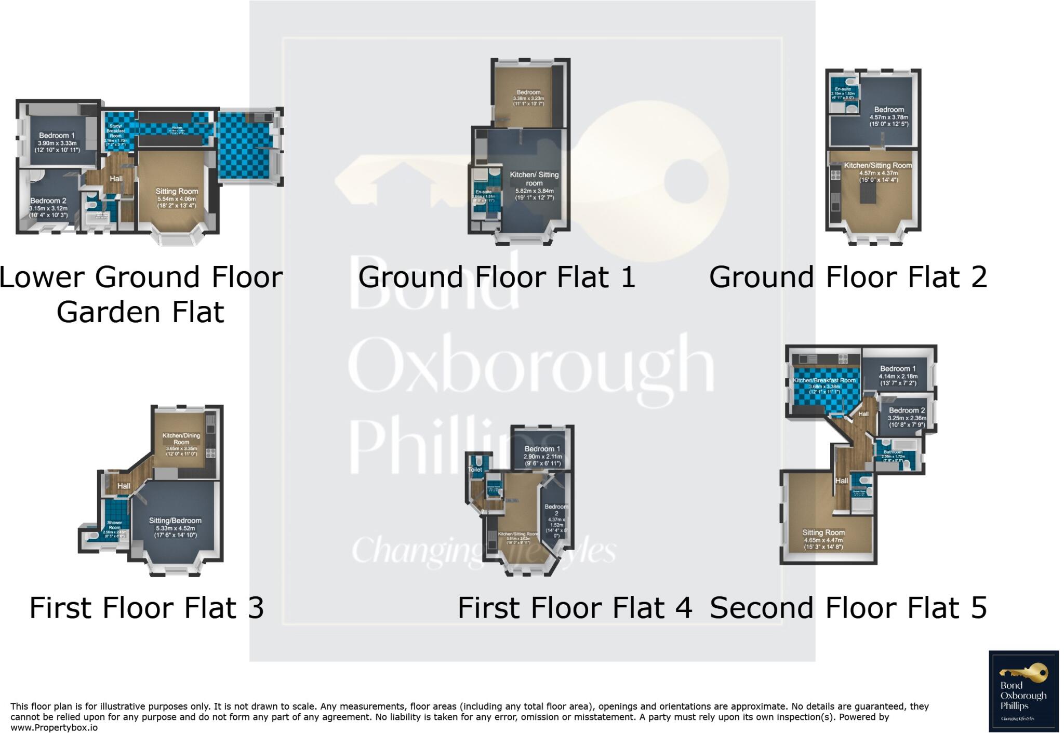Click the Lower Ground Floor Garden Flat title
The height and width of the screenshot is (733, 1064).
click(x=141, y=294)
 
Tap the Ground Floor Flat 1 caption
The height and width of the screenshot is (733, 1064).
click(x=497, y=277)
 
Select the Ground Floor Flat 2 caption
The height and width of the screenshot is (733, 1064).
click(x=848, y=277)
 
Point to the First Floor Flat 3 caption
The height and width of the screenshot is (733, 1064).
click(x=147, y=608)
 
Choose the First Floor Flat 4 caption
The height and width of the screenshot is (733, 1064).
click(x=575, y=608)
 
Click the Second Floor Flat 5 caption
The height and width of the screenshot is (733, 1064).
click(x=848, y=608)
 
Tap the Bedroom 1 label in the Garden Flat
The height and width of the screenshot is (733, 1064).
click(x=57, y=136)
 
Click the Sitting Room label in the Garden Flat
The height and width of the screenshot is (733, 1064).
click(x=177, y=191)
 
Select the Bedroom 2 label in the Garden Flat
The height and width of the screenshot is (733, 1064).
click(x=48, y=201)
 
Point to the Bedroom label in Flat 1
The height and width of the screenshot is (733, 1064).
click(x=528, y=92)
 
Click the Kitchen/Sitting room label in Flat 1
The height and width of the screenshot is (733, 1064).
click(x=534, y=179)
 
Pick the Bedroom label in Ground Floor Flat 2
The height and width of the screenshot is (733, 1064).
click(x=889, y=110)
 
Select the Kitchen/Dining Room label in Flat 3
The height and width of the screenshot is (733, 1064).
click(x=181, y=439)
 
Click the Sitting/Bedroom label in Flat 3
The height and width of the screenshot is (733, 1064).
click(x=175, y=521)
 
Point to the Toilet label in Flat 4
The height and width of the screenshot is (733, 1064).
click(x=475, y=470)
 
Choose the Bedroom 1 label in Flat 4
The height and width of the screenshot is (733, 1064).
click(x=542, y=449)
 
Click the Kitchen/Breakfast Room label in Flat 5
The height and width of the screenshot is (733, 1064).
click(x=824, y=380)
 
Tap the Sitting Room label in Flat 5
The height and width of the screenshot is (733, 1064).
click(x=823, y=532)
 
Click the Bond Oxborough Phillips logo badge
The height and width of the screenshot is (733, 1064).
click(x=1023, y=691)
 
